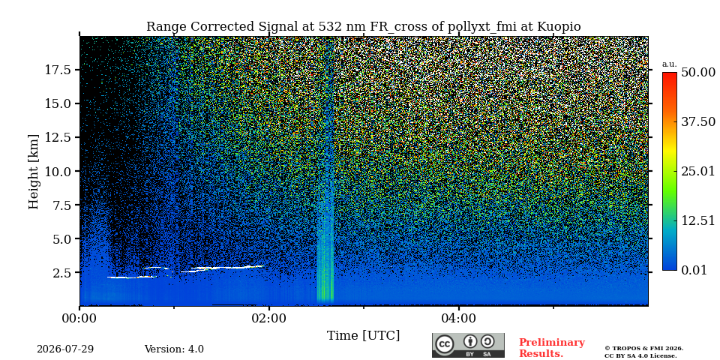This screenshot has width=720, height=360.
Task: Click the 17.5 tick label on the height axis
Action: click(57, 70)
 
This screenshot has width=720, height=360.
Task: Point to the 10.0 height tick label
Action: click(57, 171)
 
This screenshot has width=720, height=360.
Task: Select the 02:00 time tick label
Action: click(269, 318)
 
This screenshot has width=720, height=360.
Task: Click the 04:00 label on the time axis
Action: click(459, 318)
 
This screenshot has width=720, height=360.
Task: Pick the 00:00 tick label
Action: click(80, 318)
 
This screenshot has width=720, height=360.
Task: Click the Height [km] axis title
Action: click(34, 171)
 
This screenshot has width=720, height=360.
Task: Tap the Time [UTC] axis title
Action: click(363, 336)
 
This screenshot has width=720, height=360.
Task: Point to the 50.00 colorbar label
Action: click(698, 72)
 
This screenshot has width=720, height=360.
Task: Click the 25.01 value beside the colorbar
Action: click(698, 172)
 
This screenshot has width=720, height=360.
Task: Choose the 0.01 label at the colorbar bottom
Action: click(694, 270)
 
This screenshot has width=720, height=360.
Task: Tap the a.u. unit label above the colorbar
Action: click(670, 64)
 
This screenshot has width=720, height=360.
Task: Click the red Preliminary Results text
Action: click(552, 348)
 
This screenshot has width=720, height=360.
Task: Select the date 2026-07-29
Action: click(65, 349)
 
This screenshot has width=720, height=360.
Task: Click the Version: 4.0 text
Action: click(174, 349)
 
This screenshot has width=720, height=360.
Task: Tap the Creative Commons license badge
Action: click(468, 345)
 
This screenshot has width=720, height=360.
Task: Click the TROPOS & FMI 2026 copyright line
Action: click(643, 349)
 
